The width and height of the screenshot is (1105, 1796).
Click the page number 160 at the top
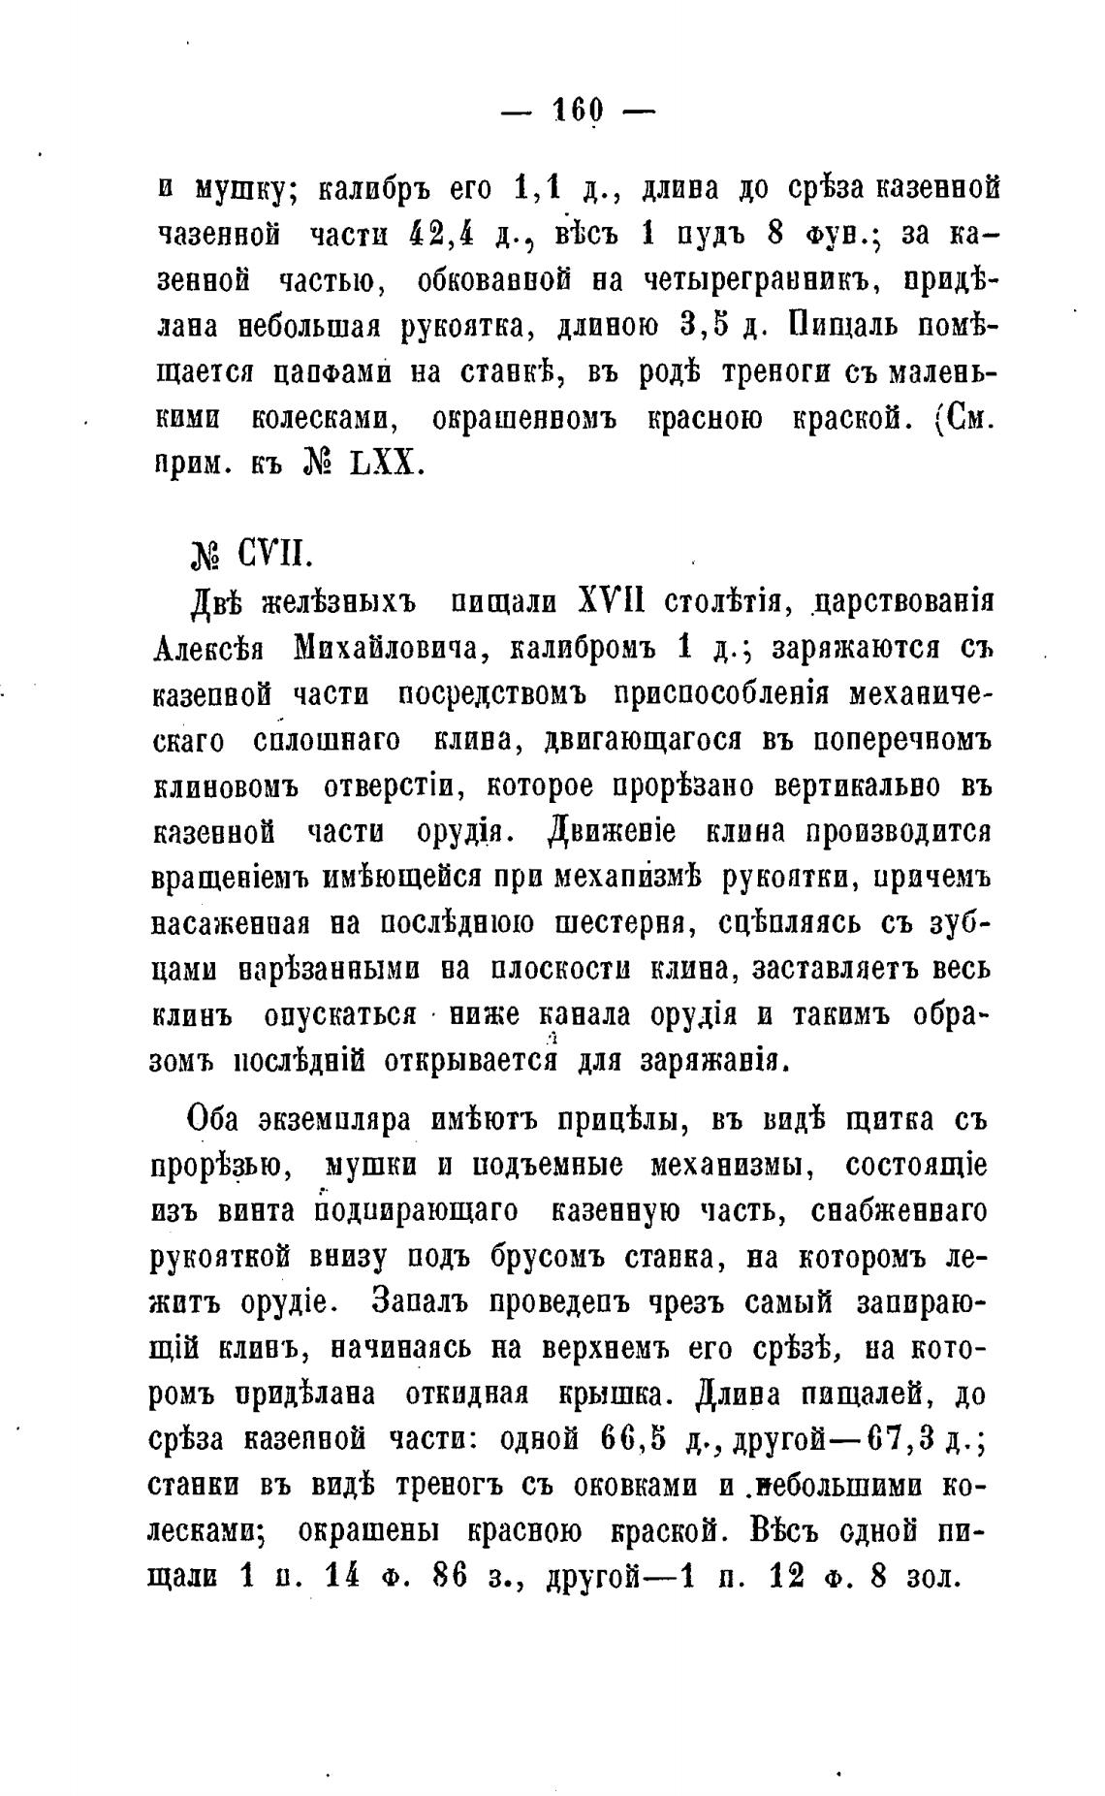coord(578,109)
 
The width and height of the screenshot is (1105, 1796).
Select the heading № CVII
coord(249,558)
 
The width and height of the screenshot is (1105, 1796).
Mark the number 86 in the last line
coord(450,1577)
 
